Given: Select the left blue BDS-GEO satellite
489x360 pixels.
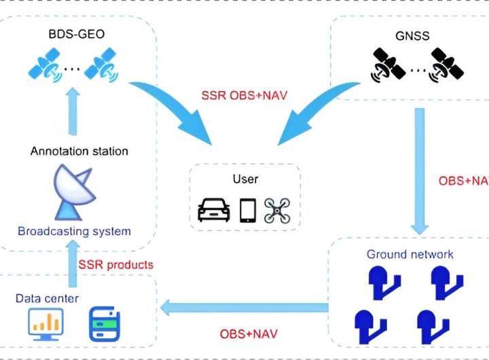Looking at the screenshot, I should click(x=45, y=67).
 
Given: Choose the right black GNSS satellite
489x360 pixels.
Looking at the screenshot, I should click(x=446, y=66).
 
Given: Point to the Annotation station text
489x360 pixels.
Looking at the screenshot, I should click(x=79, y=151).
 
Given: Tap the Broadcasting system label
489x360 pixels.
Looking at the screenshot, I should click(x=74, y=231).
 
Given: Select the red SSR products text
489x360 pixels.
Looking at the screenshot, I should click(x=115, y=264).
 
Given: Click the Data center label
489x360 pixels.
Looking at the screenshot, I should click(x=48, y=298).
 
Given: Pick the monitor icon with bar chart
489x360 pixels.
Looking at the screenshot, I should click(x=46, y=324).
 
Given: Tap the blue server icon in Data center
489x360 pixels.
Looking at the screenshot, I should click(x=105, y=325).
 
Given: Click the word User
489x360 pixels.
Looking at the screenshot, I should click(x=245, y=179).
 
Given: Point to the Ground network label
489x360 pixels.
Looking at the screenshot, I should click(x=410, y=255).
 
